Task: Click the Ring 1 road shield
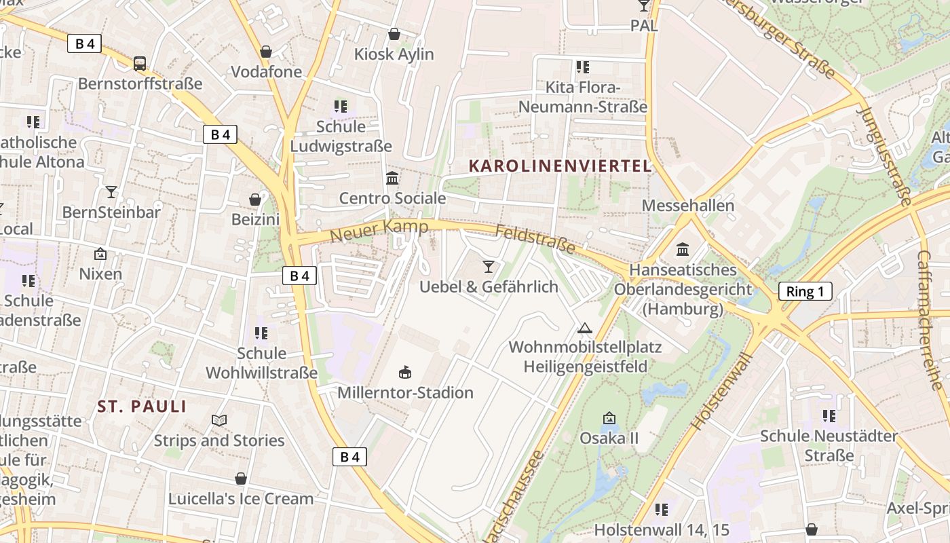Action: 805,292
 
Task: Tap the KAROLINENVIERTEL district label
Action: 560,166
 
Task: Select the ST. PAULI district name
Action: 142,407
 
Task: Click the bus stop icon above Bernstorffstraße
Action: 140,64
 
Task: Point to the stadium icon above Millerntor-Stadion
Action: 405,372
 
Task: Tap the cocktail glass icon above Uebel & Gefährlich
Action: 489,266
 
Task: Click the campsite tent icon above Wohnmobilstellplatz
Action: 584,329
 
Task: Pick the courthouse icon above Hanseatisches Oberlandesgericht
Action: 683,249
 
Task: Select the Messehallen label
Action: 687,206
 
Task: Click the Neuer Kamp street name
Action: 379,231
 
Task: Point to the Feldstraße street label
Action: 535,240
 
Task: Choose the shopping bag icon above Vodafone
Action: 266,52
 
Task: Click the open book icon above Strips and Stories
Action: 219,421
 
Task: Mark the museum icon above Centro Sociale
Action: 392,179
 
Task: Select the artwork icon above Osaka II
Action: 609,418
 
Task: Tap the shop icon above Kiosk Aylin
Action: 394,34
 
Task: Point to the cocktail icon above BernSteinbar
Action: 111,192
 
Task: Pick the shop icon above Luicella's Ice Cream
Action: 241,479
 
